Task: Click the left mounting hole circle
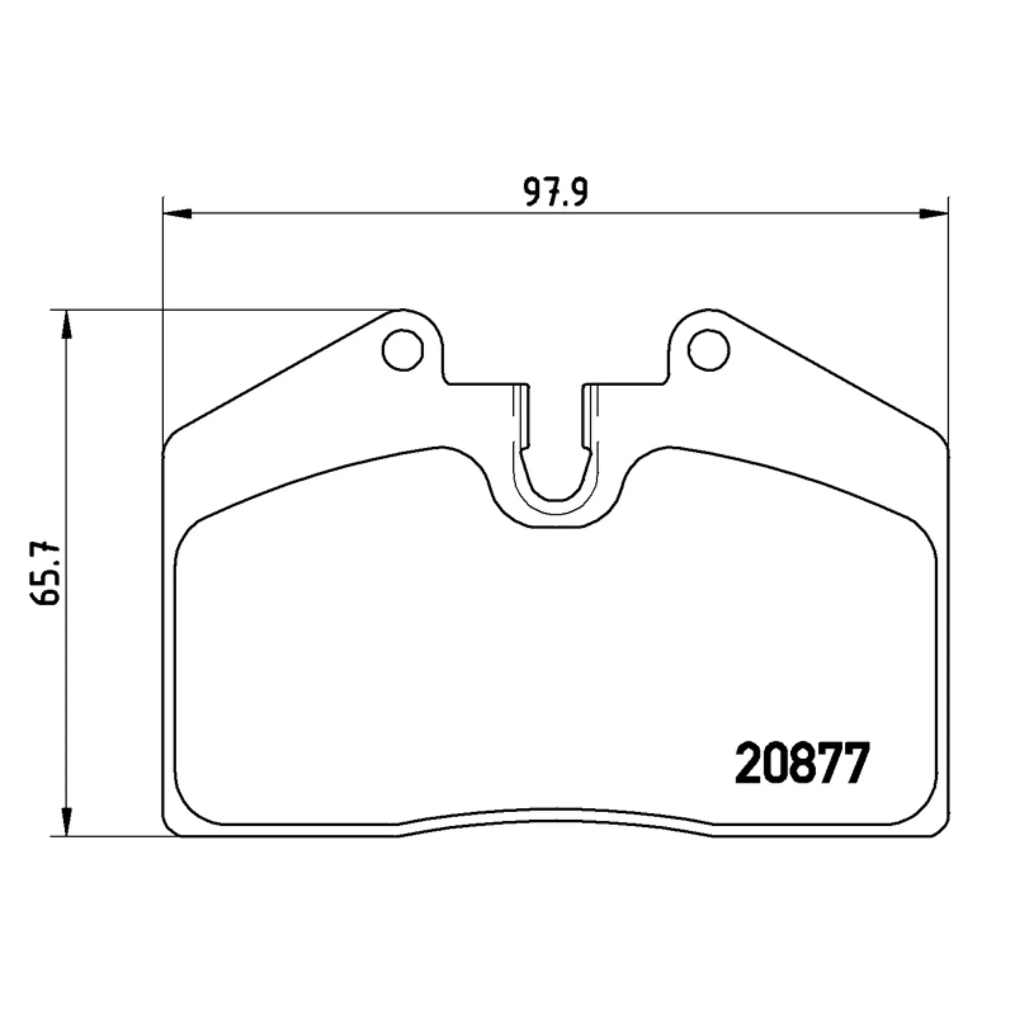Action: (403, 350)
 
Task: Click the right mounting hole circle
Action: (709, 350)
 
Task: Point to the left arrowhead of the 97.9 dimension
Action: (176, 213)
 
